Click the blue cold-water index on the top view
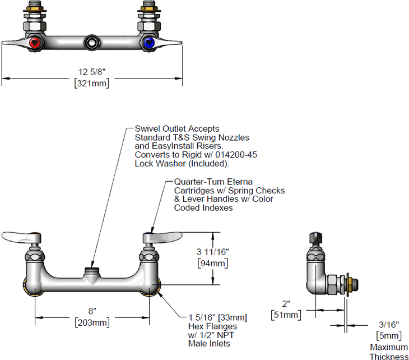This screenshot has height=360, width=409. pos(148,41)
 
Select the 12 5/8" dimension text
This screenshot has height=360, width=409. pos(92,72)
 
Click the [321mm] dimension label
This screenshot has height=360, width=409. pos(92,83)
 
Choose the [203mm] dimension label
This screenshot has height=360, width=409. pos(92,322)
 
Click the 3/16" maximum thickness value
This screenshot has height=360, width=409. pos(388,324)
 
